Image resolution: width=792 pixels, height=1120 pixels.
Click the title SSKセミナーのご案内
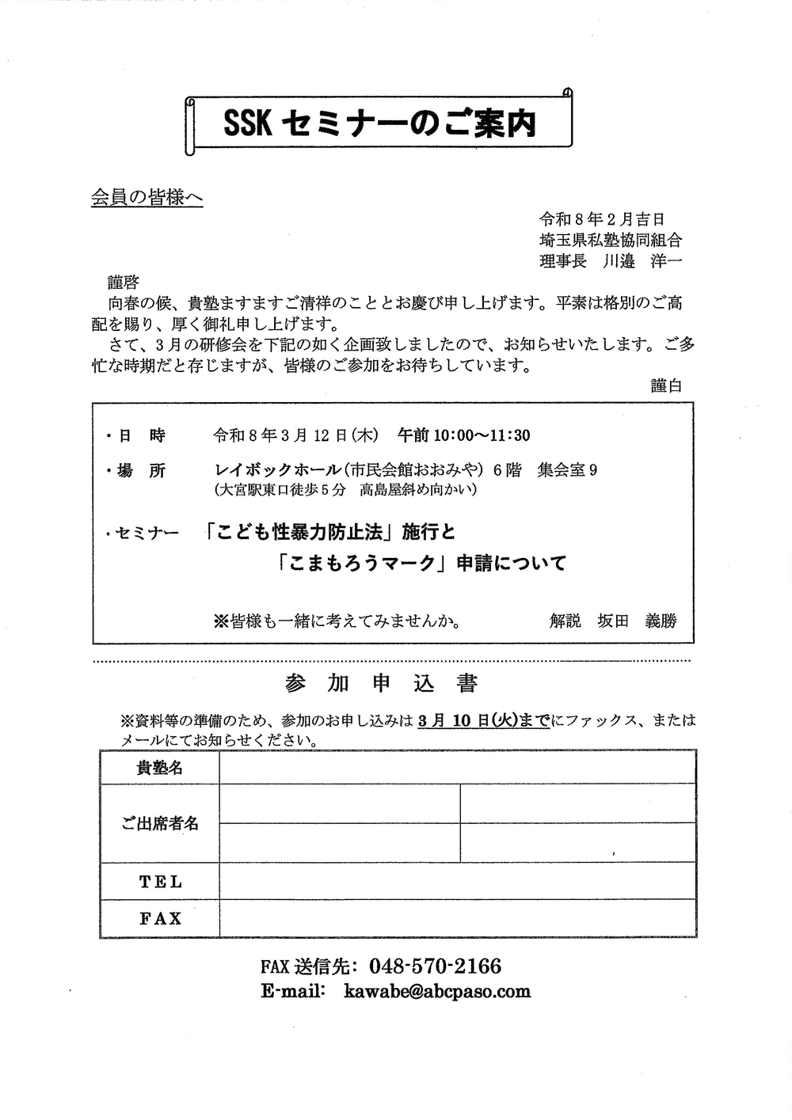[379, 123]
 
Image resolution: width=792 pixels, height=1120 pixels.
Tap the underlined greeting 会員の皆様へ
[147, 198]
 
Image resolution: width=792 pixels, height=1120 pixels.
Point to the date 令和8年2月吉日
[602, 219]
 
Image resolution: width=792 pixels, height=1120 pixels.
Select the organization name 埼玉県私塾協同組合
[610, 240]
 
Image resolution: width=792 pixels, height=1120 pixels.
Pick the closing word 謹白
[666, 385]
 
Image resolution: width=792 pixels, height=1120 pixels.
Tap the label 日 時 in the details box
[142, 435]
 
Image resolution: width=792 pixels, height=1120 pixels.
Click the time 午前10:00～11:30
[463, 435]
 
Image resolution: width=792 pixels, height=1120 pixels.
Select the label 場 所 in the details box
[142, 470]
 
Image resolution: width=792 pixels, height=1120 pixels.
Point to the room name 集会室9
[567, 470]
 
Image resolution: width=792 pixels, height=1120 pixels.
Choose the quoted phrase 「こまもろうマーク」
[361, 564]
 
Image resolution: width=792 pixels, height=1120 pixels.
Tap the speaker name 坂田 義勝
[638, 621]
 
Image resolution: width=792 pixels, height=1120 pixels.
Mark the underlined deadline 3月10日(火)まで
[484, 721]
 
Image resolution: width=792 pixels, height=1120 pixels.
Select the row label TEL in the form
[160, 881]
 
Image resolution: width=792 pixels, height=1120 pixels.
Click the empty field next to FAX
[458, 918]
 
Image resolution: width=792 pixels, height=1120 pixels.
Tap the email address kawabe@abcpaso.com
[437, 992]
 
